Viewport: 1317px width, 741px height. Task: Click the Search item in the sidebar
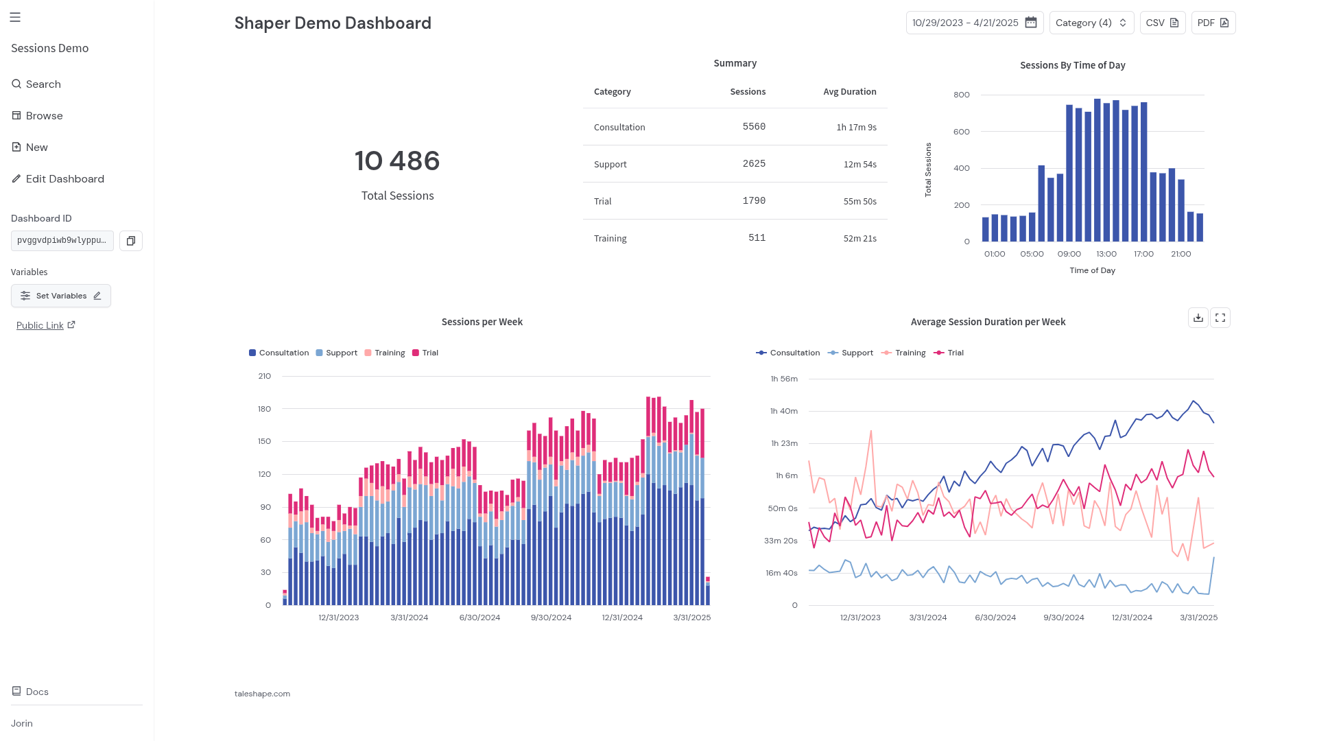(36, 84)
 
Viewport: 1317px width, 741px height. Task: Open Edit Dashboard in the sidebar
(58, 179)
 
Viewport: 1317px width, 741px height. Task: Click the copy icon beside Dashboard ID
(131, 241)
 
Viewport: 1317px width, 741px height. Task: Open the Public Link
(45, 325)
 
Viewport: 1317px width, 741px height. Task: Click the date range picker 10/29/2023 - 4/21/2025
(975, 23)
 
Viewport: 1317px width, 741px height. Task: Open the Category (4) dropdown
(1091, 23)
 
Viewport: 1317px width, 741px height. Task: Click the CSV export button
(1163, 23)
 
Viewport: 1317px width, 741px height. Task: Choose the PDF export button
(1213, 23)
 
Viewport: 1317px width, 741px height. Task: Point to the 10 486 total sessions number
(397, 161)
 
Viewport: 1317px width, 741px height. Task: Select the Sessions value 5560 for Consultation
(754, 127)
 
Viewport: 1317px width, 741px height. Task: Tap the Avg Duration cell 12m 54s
(860, 165)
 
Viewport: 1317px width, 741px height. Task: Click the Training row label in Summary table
(610, 239)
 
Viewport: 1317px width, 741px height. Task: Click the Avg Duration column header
(850, 92)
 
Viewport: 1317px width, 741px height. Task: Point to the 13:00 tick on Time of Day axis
(1106, 254)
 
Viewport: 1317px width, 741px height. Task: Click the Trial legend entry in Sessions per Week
(425, 353)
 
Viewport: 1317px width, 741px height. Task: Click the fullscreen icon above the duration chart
(1220, 318)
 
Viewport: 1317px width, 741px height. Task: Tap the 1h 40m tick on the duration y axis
(784, 411)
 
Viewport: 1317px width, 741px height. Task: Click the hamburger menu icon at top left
(15, 17)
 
